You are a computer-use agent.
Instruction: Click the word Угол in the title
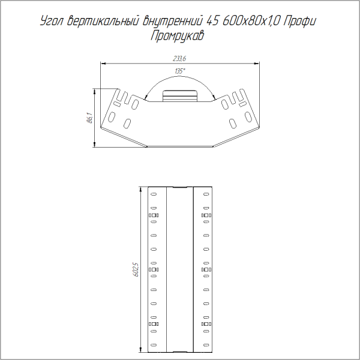pos(51,22)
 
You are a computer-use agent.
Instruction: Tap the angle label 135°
pos(179,71)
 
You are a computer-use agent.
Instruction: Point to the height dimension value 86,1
pos(89,118)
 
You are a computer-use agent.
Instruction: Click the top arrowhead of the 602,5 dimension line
pos(140,188)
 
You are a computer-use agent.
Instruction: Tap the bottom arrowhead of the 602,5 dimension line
pos(140,349)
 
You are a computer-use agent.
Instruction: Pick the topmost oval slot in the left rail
pos(154,194)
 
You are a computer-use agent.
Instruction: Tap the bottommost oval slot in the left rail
pos(154,344)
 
